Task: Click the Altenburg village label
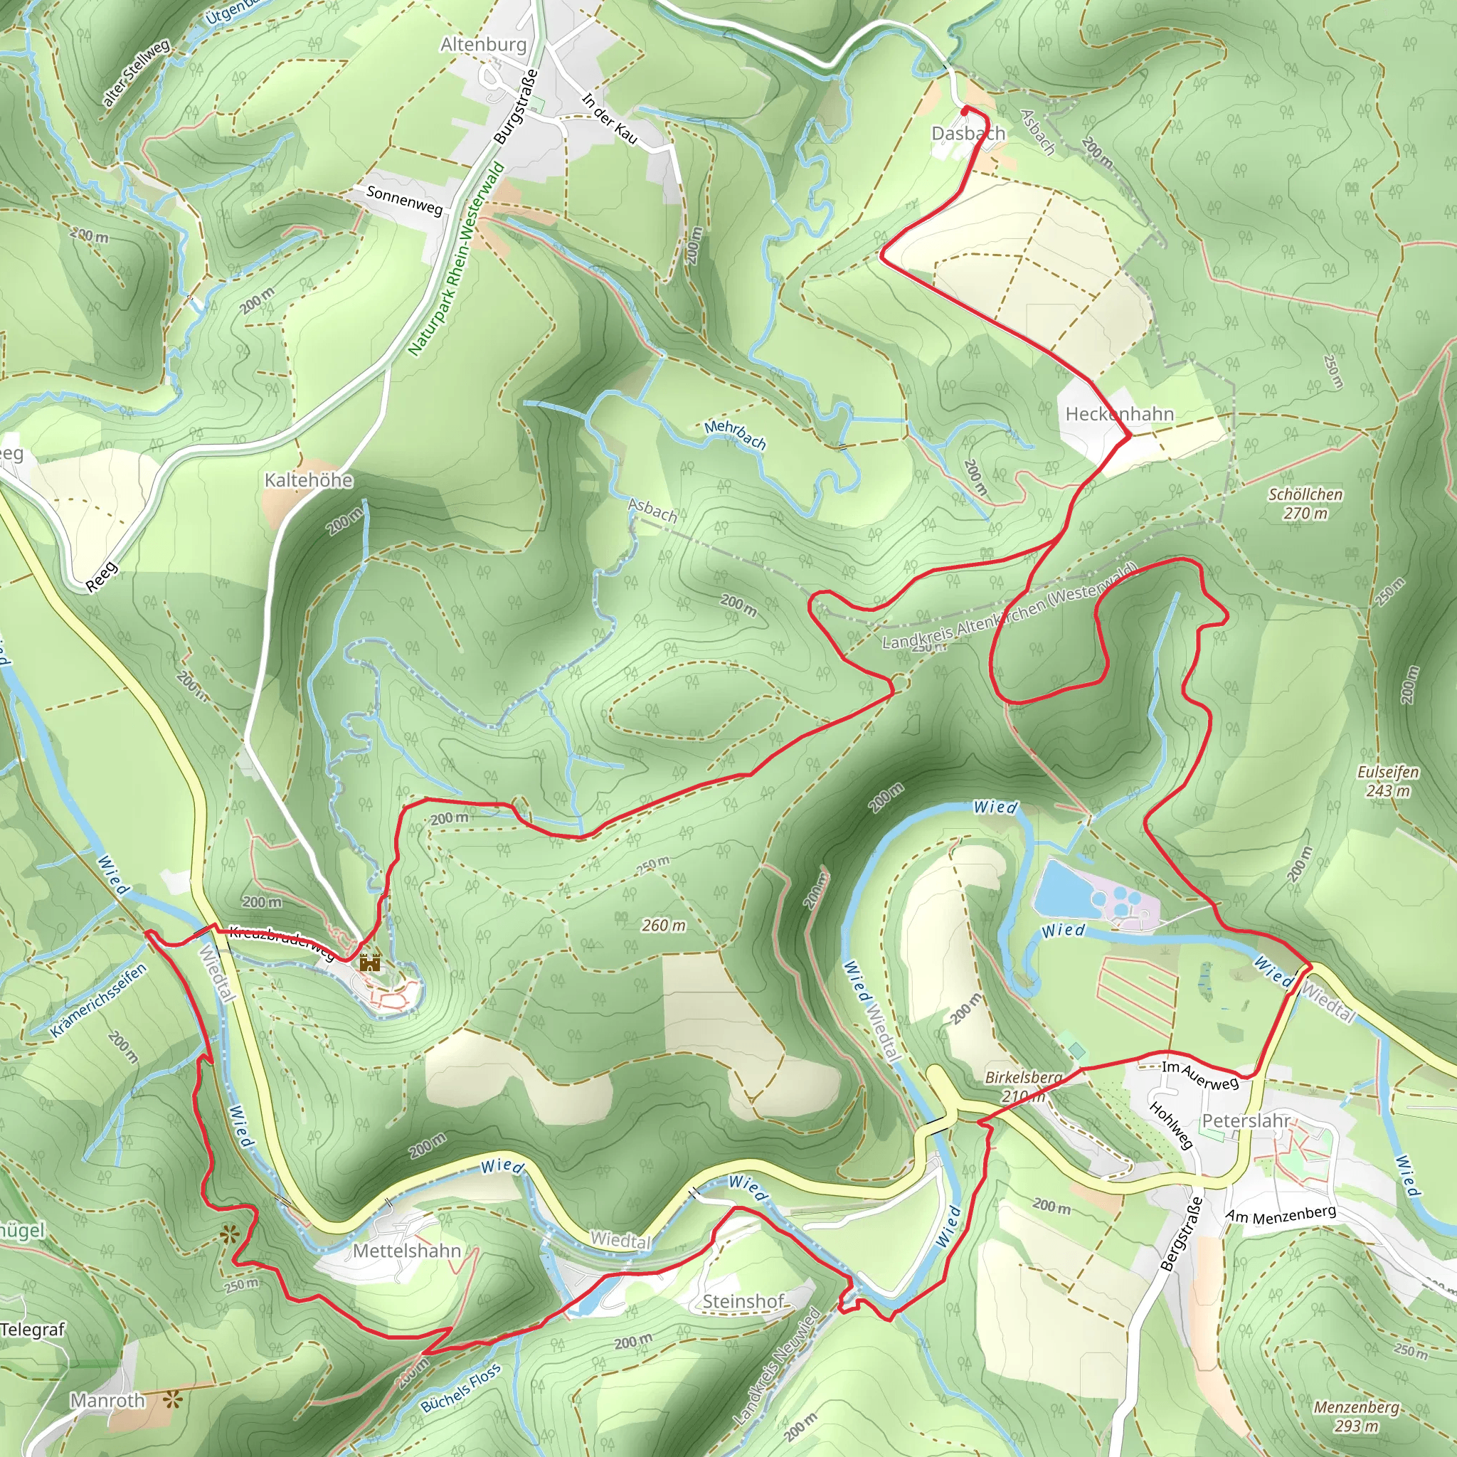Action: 483,45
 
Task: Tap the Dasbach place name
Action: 968,134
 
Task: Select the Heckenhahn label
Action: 1119,414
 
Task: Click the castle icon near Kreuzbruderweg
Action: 369,963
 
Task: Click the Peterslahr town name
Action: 1246,1120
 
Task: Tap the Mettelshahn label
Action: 406,1251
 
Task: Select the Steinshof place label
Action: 743,1301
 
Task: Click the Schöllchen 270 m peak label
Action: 1305,504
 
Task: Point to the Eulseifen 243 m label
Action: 1387,781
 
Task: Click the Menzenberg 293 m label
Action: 1356,1416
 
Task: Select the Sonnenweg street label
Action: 404,200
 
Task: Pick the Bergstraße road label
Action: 1181,1234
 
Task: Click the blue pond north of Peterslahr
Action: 1062,889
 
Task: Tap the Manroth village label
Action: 108,1400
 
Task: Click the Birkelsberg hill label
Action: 1023,1078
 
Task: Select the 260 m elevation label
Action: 664,926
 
